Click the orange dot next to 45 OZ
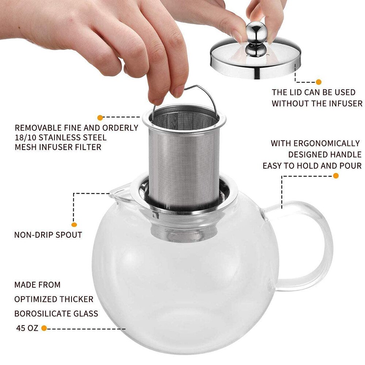44,328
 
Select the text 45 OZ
27,328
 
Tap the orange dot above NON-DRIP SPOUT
74,225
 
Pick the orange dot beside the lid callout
318,82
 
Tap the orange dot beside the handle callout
336,176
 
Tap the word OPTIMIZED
36,299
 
